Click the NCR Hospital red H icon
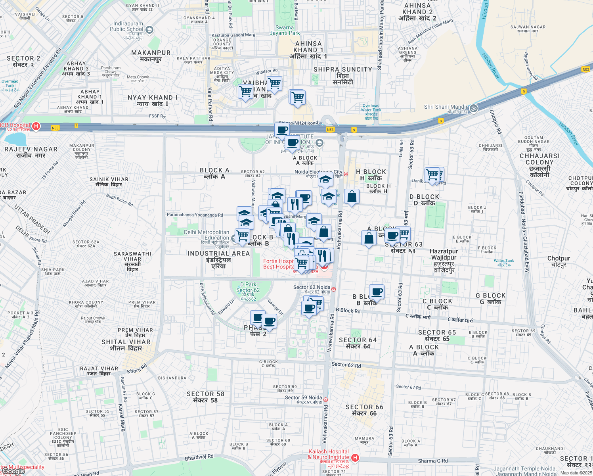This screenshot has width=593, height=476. click(x=36, y=127)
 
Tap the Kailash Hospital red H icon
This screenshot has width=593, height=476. click(x=355, y=458)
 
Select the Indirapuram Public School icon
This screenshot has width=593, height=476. click(x=149, y=30)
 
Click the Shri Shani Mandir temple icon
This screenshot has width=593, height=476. click(x=473, y=108)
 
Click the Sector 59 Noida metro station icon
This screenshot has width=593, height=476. click(x=325, y=400)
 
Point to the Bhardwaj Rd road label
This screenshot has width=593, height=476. click(x=199, y=458)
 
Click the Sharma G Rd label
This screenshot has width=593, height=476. click(x=433, y=461)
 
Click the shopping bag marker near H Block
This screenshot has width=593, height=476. click(x=352, y=196)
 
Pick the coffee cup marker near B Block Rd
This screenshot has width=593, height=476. click(x=377, y=292)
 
